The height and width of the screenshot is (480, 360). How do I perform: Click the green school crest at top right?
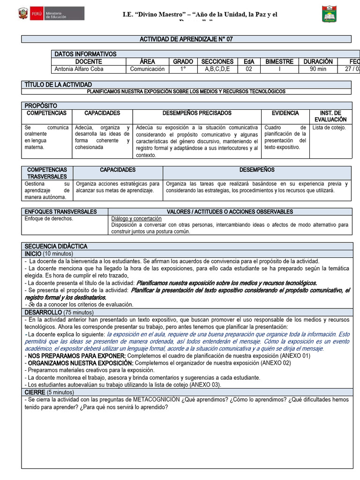pos(329,14)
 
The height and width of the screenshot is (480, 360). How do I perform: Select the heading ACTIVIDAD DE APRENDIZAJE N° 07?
pos(186,39)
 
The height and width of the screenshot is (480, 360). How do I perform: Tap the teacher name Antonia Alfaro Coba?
pos(79,69)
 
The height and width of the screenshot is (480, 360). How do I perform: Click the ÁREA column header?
pos(147,61)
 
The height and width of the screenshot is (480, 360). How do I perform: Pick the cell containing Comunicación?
pos(147,69)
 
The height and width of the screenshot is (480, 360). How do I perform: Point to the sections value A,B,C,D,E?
pos(217,69)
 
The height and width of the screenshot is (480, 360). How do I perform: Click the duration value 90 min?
pos(318,69)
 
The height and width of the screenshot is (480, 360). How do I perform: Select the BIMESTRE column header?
pos(279,61)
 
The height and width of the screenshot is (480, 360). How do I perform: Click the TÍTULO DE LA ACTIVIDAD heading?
pos(58,84)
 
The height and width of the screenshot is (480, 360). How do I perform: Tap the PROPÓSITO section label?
pos(41,106)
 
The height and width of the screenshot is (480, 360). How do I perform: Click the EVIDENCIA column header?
pos(285,113)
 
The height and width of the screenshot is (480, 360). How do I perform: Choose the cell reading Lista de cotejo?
pos(329,127)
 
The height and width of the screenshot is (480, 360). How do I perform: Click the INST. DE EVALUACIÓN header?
pos(330,116)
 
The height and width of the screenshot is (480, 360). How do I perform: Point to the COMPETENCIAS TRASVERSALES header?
pos(47,173)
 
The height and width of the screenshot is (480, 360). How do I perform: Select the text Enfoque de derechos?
pos(49,218)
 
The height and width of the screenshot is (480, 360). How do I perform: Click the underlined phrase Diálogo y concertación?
pos(136,218)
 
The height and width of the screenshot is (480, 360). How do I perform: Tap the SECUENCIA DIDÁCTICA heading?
pos(56,246)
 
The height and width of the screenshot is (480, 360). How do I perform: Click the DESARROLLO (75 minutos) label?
pos(59,312)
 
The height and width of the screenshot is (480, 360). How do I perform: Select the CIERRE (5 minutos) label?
pos(49,392)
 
